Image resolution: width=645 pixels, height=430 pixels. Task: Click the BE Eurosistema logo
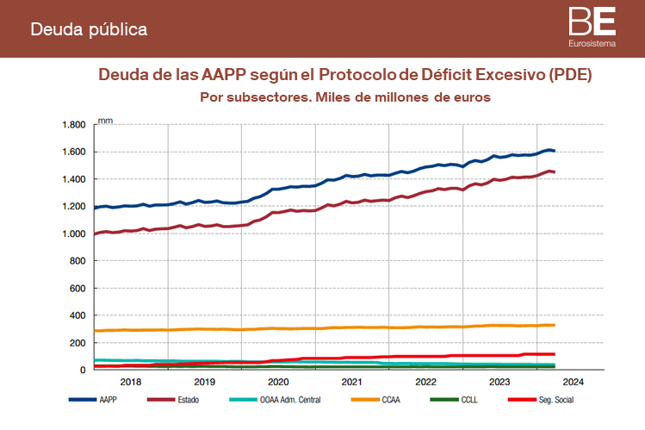[592, 28]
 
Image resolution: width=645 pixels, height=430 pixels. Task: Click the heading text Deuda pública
[89, 29]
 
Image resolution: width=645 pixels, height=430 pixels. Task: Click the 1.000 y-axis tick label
[74, 234]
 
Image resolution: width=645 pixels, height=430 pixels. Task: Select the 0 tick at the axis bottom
[83, 371]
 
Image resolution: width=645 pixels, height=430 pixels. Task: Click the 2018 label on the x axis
[131, 381]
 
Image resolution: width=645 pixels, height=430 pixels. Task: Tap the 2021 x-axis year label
[351, 381]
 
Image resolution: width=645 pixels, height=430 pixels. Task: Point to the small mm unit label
[105, 120]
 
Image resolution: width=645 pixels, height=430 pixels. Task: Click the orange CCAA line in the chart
[344, 327]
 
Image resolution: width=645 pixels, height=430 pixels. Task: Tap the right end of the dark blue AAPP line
[552, 151]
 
